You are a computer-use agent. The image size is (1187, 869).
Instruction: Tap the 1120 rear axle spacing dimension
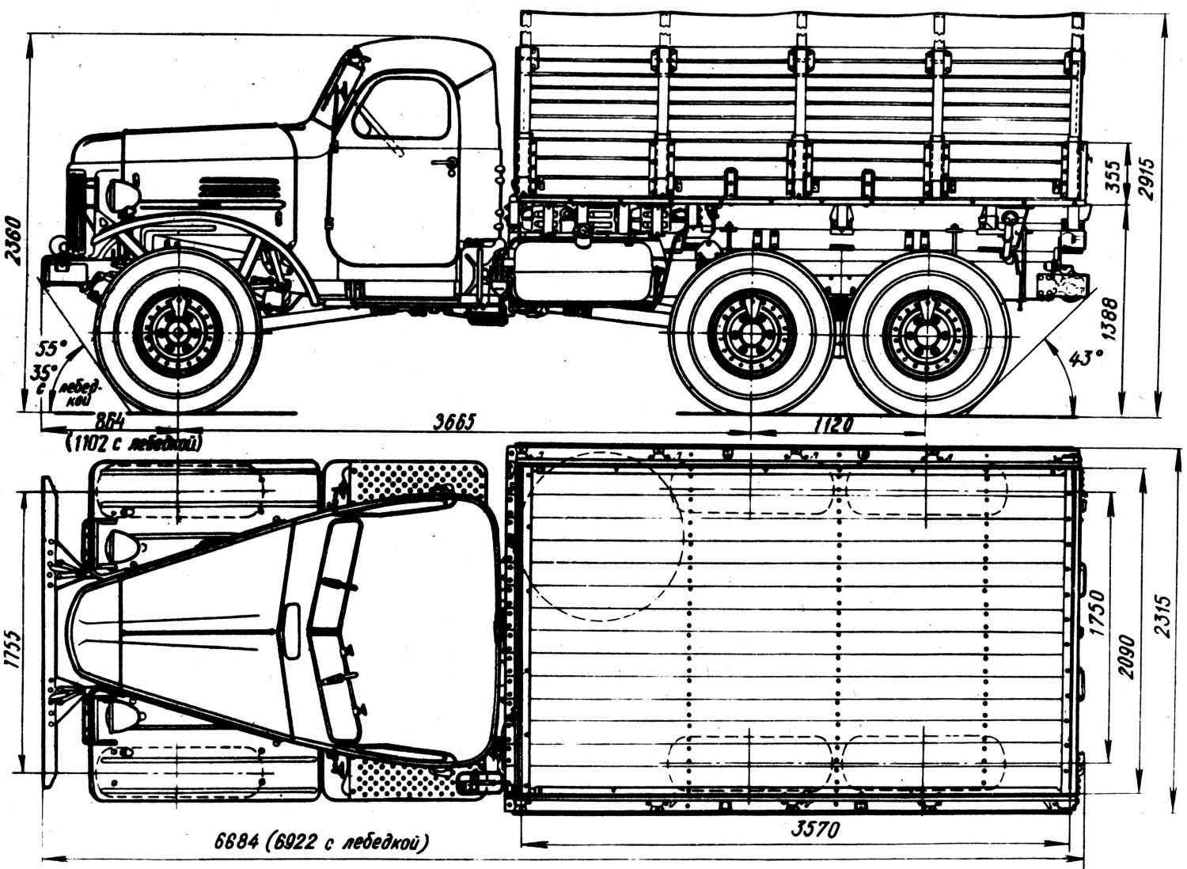[x=832, y=425]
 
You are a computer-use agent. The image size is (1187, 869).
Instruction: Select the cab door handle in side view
[x=449, y=165]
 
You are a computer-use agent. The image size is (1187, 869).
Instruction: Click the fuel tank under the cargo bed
[x=584, y=271]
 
